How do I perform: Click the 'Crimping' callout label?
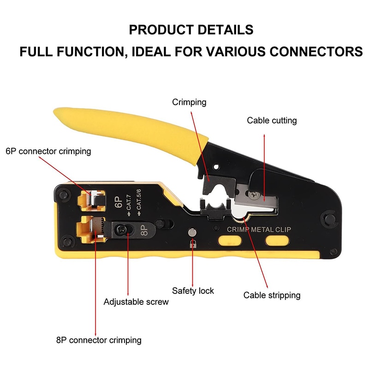(x=189, y=102)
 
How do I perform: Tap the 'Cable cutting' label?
(x=272, y=121)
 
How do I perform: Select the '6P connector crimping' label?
(x=48, y=151)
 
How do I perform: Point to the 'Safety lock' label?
(x=193, y=291)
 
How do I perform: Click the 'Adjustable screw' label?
(x=136, y=302)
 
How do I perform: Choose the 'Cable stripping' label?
(x=272, y=295)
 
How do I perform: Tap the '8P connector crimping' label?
(x=99, y=340)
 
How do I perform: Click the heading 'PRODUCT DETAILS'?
(x=191, y=30)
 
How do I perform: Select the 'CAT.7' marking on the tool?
(x=129, y=200)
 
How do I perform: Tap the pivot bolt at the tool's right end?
(x=328, y=216)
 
